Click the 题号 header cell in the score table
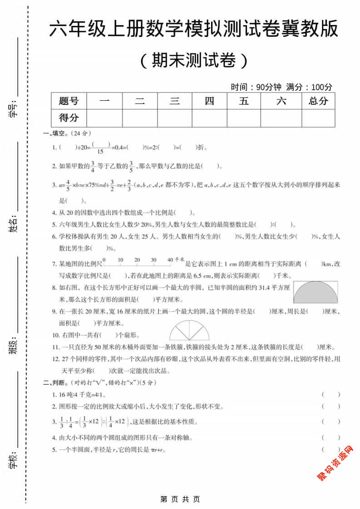point(69,101)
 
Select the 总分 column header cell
point(318,101)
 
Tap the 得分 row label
point(69,118)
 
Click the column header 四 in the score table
point(209,101)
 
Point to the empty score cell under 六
point(281,118)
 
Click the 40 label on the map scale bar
point(170,259)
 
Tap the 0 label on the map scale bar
point(104,259)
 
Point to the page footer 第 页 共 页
point(180,499)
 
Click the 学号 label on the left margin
point(13,109)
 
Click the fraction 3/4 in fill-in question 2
point(93,166)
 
